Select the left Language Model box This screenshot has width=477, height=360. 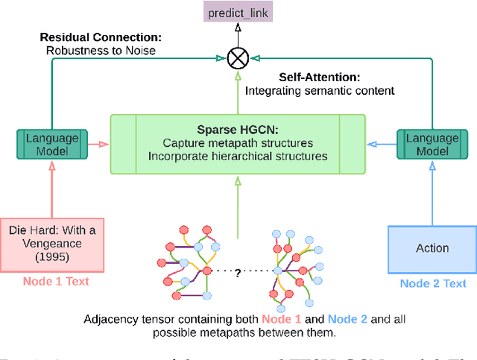(x=51, y=144)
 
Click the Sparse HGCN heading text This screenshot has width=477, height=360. (x=238, y=128)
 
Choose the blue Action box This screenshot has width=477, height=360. (x=432, y=248)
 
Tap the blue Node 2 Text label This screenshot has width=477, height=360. (x=433, y=283)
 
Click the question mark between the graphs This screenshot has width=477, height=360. (x=238, y=273)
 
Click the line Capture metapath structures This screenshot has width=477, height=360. (x=238, y=142)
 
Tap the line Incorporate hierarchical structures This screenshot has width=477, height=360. (x=238, y=156)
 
